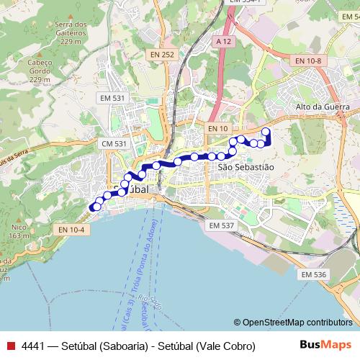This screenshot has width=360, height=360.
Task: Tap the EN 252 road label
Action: [x=162, y=55]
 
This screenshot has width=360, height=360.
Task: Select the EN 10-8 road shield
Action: [x=307, y=62]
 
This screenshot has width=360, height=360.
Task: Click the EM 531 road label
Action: [x=113, y=98]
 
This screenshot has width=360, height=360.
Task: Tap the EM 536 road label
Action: [x=314, y=274]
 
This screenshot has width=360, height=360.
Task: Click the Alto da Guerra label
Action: [x=318, y=107]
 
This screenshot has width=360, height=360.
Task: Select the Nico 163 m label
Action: [x=19, y=231]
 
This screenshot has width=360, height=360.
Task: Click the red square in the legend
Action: [x=9, y=346]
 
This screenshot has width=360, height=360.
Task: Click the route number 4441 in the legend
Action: [x=33, y=346]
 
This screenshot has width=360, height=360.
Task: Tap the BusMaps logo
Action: [x=325, y=345]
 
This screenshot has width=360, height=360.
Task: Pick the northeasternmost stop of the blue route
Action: [x=266, y=131]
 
